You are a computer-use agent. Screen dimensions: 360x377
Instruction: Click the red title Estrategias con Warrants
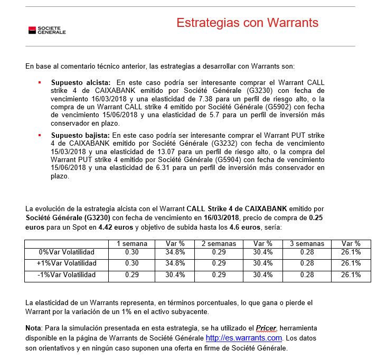(247, 23)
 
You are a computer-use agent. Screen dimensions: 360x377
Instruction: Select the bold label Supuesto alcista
(81, 83)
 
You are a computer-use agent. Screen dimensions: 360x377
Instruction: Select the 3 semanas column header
(307, 244)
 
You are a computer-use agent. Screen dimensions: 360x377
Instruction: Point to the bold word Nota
(34, 328)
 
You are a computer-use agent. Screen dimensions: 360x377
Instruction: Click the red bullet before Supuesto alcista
(40, 83)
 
